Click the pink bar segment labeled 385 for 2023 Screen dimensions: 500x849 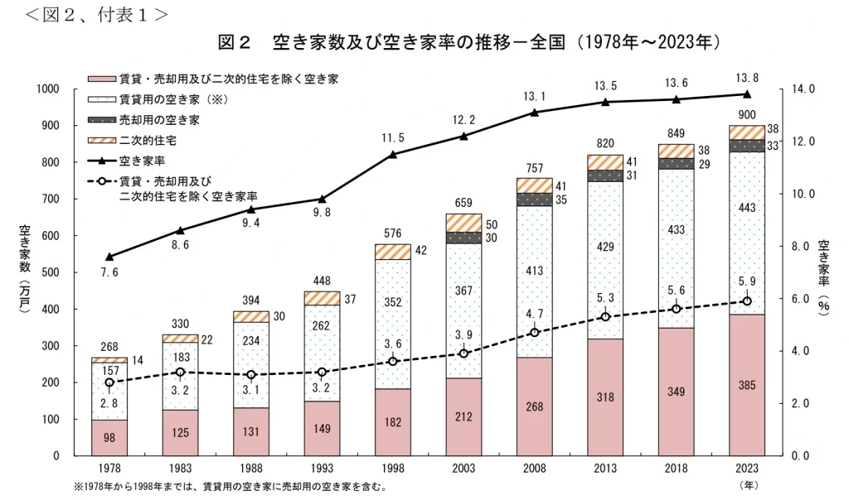746,385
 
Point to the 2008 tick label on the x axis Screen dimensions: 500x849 534,469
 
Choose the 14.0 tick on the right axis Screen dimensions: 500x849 806,89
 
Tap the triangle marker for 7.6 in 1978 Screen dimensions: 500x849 109,257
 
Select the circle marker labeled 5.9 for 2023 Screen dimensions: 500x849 746,301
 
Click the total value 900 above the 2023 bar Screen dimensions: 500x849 746,115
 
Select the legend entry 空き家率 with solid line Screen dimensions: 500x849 138,161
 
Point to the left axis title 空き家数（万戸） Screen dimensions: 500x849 24,272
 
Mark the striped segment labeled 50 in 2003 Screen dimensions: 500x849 463,223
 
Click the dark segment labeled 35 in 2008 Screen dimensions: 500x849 534,200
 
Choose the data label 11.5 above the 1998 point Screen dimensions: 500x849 391,137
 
